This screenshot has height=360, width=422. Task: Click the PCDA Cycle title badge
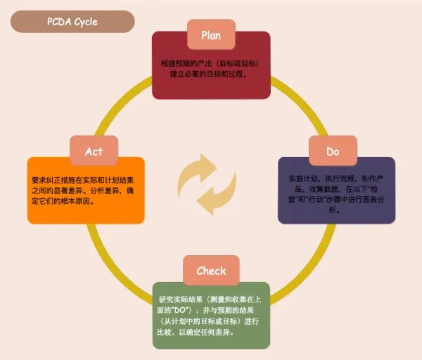[x=72, y=21]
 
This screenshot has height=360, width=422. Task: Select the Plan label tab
[x=211, y=34]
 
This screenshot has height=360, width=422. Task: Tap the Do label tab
[x=333, y=151]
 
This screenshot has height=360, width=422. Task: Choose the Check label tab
[x=211, y=271]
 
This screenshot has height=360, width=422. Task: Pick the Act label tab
[x=94, y=151]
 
